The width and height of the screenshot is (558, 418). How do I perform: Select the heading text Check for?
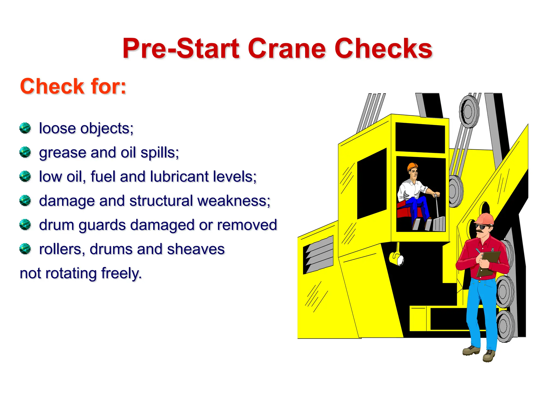click(x=73, y=86)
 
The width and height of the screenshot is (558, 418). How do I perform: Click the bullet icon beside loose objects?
click(x=25, y=128)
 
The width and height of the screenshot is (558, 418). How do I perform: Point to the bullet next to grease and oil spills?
click(x=25, y=152)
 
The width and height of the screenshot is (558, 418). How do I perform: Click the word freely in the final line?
click(x=121, y=273)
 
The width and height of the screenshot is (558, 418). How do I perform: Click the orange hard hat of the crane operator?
click(x=412, y=166)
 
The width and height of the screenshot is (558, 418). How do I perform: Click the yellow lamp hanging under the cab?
click(x=396, y=258)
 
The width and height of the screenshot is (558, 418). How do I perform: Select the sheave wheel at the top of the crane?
click(x=469, y=111)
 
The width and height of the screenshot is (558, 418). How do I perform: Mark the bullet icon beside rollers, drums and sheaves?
click(x=25, y=249)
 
